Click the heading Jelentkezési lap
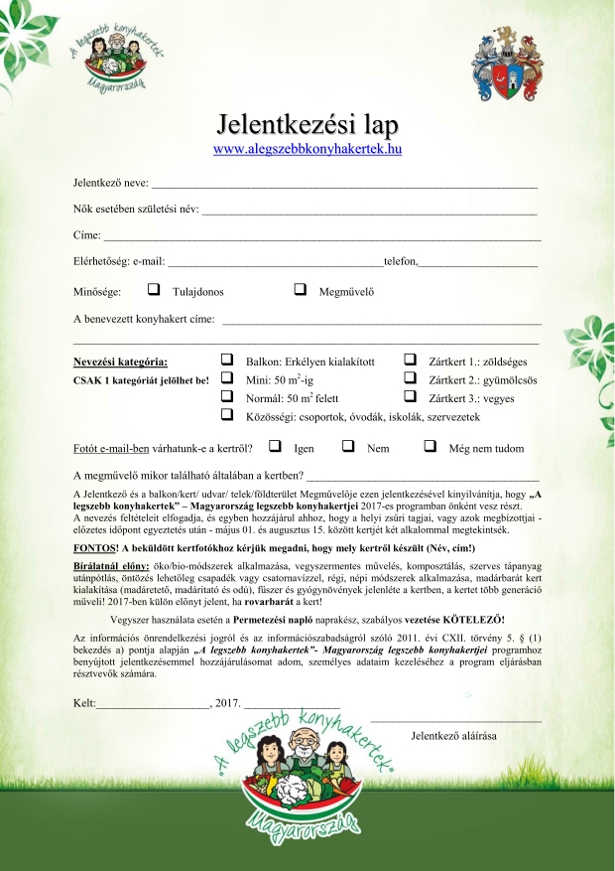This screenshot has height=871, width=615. pos(307,125)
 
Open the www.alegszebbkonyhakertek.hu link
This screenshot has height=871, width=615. pos(307,149)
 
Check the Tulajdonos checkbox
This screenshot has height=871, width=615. pos(154,291)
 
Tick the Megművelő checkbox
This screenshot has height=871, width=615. pos(301,291)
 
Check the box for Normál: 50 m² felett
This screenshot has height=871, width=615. pos(227,397)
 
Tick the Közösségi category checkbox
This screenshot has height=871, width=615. pos(227,416)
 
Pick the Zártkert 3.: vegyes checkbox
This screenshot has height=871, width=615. pos(409,397)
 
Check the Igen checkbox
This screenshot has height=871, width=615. pos(275,447)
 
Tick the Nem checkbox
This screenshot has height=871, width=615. pos(348,447)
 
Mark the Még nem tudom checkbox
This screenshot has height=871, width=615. pos(430,447)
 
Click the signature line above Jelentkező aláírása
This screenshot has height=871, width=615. pos(455,719)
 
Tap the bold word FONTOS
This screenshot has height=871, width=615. pos(94,548)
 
